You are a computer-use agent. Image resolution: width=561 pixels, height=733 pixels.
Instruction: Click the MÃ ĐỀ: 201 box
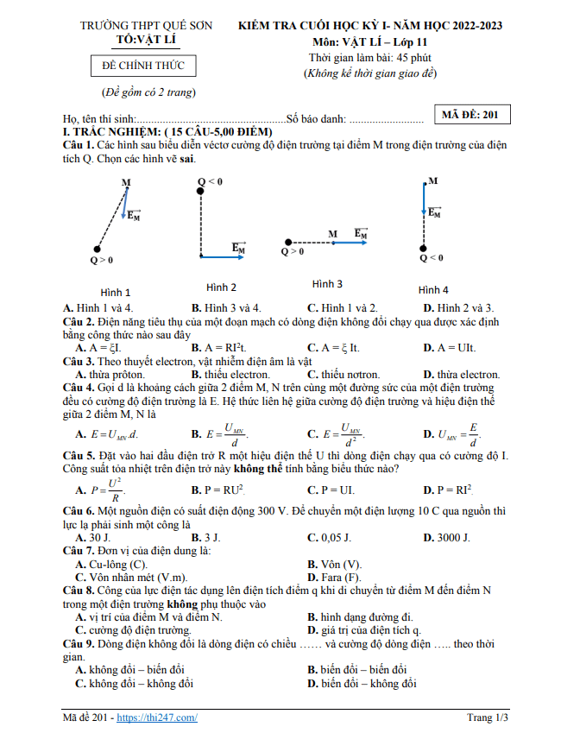[475, 115]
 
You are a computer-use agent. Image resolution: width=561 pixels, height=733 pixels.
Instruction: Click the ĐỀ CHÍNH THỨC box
[144, 66]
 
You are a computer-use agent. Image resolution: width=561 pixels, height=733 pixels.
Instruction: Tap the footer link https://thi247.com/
[156, 717]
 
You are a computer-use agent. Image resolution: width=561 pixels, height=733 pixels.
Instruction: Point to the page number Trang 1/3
[489, 717]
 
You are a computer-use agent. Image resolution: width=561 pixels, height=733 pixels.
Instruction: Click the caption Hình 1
[116, 292]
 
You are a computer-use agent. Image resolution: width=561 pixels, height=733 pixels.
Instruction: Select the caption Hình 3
[327, 283]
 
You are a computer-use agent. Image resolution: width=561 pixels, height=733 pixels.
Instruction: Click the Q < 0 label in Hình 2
[211, 181]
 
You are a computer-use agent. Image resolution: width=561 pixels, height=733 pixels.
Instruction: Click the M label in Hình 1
[126, 182]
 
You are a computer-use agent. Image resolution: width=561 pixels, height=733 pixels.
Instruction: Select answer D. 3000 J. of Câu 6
[447, 537]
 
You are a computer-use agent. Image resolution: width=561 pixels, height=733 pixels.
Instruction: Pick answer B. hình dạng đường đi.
[360, 617]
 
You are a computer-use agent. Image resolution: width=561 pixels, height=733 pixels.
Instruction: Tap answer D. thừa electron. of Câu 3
[462, 374]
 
